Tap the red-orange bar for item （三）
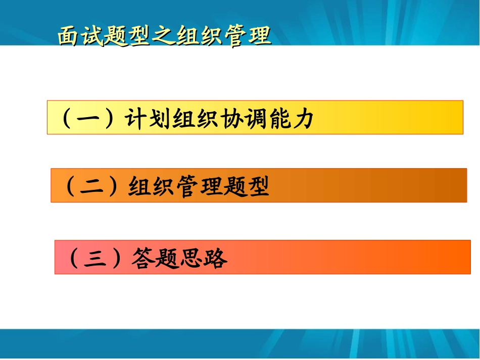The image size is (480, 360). coord(354,257)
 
